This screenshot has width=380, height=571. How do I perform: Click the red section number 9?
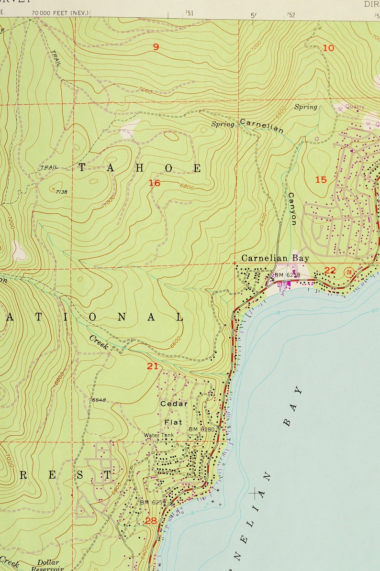click(156, 46)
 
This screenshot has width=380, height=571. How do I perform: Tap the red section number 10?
click(328, 48)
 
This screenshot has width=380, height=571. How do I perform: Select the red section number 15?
click(321, 180)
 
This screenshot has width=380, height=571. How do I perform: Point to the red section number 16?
click(154, 183)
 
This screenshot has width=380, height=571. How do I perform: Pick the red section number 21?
click(152, 366)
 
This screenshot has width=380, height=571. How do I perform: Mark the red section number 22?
click(330, 271)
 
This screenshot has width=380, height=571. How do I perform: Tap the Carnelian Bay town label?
click(275, 258)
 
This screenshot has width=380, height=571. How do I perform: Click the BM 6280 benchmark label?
click(201, 429)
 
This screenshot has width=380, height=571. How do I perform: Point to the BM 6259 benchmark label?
click(153, 503)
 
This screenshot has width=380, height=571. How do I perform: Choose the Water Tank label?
click(159, 435)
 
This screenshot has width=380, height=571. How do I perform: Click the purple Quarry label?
click(354, 107)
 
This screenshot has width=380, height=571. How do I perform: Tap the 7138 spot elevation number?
click(61, 191)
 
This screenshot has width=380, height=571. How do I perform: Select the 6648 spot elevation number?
click(99, 400)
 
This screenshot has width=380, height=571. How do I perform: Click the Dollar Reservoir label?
click(47, 566)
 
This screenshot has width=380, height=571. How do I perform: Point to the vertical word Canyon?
click(292, 209)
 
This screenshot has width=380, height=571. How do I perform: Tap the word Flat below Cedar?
click(173, 422)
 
